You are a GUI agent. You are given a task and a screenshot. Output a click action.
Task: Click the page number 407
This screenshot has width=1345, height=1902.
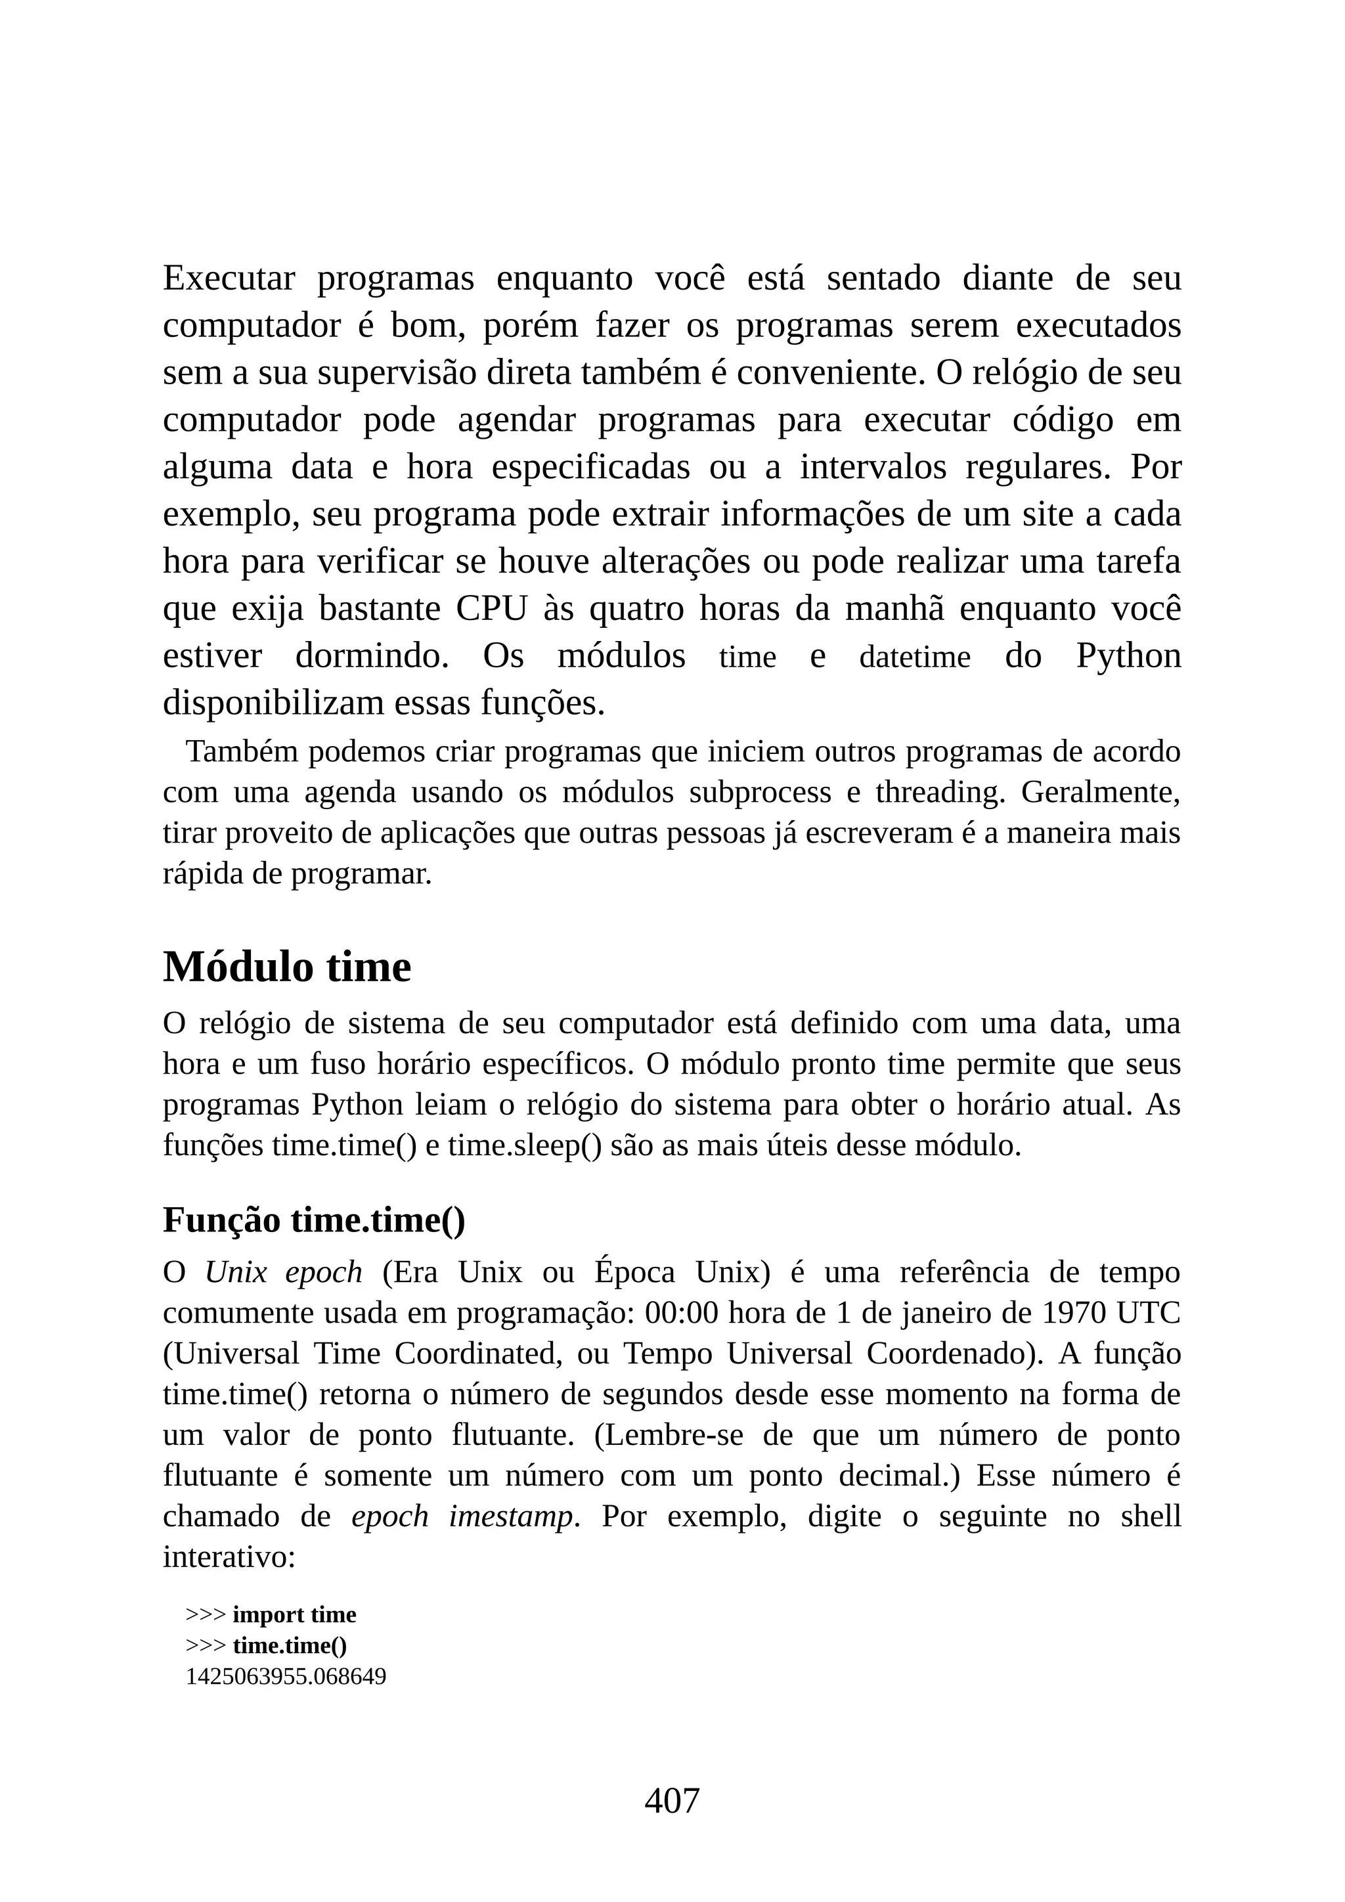coord(672,1800)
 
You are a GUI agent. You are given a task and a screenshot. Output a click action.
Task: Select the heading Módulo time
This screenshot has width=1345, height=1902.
coord(286,967)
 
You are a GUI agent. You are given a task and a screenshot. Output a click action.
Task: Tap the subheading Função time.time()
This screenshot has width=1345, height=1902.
coord(314,1220)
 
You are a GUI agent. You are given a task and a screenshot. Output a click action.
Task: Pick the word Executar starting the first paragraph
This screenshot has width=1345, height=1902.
coord(229,278)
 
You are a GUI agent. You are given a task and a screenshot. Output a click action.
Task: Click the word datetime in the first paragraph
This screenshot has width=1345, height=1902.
coord(914,657)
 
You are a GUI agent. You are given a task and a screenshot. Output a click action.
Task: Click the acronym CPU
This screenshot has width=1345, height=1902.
coord(491,609)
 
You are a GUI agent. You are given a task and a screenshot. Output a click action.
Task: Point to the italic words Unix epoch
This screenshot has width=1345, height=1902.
coord(283,1272)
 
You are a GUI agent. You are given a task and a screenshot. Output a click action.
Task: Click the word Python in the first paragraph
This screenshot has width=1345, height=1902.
coord(1128,656)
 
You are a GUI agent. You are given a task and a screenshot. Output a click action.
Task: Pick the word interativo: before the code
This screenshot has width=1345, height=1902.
coord(229,1557)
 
